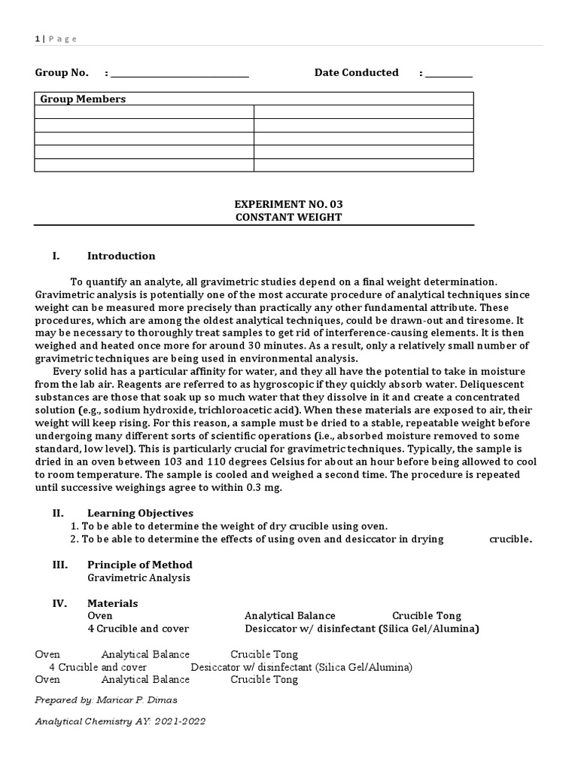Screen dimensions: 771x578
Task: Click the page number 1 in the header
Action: [37, 39]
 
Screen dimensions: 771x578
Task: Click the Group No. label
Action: [62, 73]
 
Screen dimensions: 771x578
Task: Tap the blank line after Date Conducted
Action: [449, 75]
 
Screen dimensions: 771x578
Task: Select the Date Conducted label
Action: [356, 73]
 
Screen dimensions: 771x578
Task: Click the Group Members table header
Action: [83, 99]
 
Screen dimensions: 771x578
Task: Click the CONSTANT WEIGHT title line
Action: [288, 217]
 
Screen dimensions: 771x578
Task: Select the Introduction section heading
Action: [121, 256]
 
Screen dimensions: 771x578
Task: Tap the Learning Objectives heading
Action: [140, 513]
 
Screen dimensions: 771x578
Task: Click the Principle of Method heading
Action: [140, 565]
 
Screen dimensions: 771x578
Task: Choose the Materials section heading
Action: [113, 603]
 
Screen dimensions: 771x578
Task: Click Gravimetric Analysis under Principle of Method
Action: [138, 577]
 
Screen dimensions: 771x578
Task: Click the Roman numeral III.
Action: [59, 565]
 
